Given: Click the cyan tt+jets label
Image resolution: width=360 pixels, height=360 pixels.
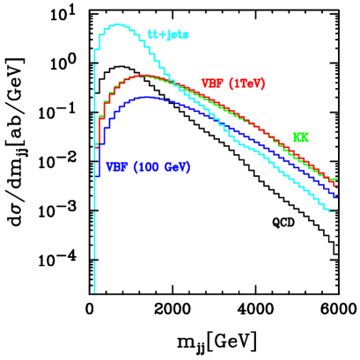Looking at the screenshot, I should (167, 36).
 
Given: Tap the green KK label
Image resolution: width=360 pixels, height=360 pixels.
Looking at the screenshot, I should (300, 138).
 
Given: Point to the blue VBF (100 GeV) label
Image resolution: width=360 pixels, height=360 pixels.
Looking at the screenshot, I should (148, 167).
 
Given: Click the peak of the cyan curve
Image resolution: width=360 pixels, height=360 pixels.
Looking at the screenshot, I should (118, 25).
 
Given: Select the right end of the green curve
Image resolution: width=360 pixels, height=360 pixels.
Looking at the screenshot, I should (337, 180).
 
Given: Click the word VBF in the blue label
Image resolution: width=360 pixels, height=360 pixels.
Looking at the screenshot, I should (117, 167).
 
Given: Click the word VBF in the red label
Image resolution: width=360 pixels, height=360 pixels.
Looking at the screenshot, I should (211, 84).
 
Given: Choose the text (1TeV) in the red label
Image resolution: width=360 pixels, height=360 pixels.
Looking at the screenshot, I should (240, 84).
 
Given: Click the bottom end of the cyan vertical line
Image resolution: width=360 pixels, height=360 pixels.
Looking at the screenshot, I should (94, 291).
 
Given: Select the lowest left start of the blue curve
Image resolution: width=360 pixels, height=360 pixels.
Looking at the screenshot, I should (97, 176).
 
